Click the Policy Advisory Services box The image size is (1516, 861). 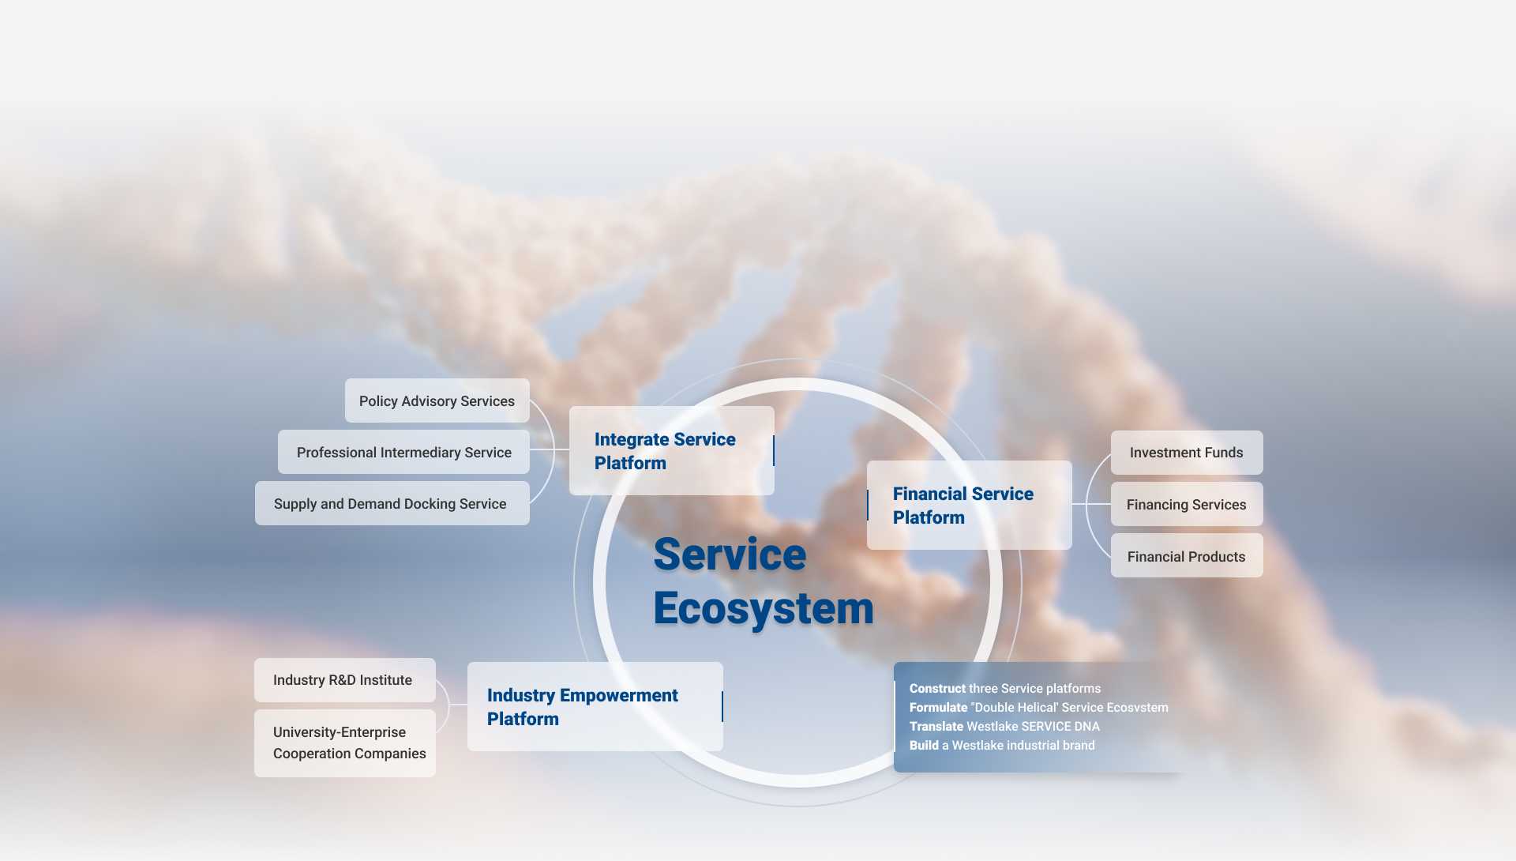437,400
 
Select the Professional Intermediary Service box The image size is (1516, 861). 403,452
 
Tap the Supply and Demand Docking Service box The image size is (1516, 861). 392,503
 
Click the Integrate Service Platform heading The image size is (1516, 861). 665,451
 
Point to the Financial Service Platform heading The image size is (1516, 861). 963,506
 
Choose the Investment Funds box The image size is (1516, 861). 1187,453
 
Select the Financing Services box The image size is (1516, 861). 1187,504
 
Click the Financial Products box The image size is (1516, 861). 1187,555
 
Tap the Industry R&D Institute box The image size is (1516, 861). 344,680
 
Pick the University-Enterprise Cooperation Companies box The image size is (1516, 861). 344,743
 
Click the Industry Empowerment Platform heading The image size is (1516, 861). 582,707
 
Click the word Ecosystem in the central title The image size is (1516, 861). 764,608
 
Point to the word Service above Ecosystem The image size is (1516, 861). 730,554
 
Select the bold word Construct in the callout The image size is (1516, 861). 937,689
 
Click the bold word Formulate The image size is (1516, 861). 938,708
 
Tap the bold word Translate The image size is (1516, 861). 936,727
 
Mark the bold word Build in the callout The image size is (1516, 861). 924,746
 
